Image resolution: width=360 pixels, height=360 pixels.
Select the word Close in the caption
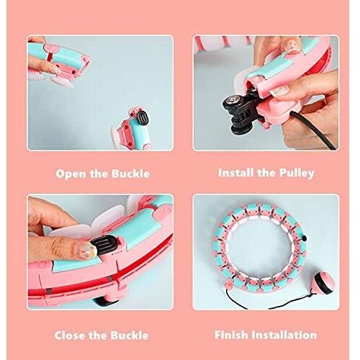point(70,336)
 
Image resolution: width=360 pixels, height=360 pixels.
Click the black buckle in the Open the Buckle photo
point(142,119)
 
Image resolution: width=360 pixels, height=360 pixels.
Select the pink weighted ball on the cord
point(324,282)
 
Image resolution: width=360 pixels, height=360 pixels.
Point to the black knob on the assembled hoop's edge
point(305,238)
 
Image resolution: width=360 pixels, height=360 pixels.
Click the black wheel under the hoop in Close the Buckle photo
point(105,302)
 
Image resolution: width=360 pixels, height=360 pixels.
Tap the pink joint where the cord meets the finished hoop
point(228,285)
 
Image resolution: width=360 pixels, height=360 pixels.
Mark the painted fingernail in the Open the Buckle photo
point(55,71)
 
